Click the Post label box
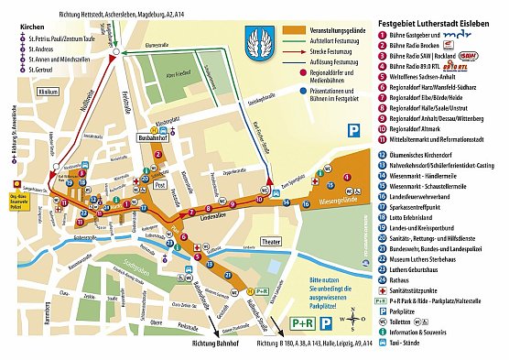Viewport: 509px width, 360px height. pyautogui.click(x=158, y=184)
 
